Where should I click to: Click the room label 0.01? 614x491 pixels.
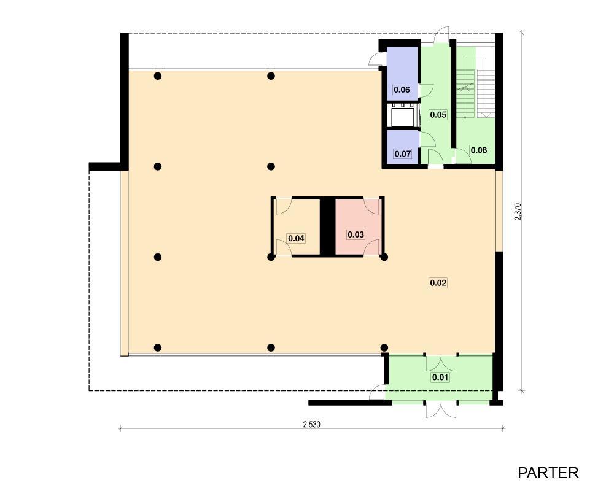[440, 377]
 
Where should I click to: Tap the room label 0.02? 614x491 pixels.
[438, 283]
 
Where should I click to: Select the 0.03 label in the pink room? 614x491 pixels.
[356, 234]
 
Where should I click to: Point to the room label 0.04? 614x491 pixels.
[296, 238]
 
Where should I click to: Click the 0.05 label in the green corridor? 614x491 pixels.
[438, 115]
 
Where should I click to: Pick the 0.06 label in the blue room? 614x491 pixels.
[402, 90]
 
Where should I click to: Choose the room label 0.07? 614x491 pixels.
[403, 153]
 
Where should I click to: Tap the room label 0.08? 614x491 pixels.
[479, 150]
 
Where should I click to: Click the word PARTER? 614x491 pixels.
[548, 473]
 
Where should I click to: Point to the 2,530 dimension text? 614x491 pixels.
[312, 424]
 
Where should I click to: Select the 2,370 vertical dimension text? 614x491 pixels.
[518, 211]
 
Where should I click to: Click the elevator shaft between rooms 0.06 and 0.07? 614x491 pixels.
[403, 115]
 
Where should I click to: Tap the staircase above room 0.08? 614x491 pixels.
[475, 88]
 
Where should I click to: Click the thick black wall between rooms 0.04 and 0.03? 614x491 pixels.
[327, 227]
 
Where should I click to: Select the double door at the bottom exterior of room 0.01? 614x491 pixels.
[441, 409]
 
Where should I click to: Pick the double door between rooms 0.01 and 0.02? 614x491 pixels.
[441, 363]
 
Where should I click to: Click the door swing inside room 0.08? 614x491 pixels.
[463, 157]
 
